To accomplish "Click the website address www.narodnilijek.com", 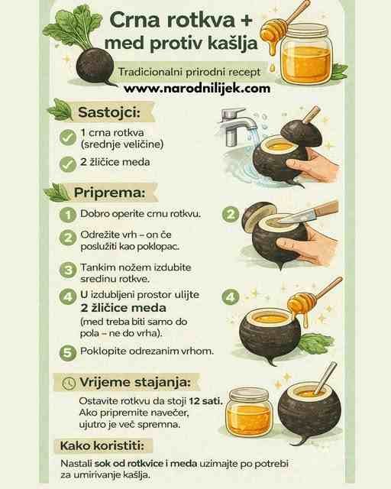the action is coord(197,89).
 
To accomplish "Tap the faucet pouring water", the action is coord(236,125).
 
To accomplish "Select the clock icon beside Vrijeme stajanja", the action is coord(69,383).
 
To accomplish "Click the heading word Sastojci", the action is coord(108,112).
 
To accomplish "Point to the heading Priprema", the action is coord(109,193).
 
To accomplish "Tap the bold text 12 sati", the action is coord(205,400).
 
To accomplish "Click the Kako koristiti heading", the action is coord(102,445).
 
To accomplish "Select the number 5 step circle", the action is coord(68,353).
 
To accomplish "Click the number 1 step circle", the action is coord(68,215).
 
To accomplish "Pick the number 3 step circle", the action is coord(68,270).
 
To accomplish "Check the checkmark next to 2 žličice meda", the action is coord(68,164).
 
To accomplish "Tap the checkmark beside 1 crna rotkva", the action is coord(68,138).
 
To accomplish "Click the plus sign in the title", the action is coord(246,20).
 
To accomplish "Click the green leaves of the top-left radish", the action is coord(73,28).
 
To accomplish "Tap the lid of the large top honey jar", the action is coord(305,31).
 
